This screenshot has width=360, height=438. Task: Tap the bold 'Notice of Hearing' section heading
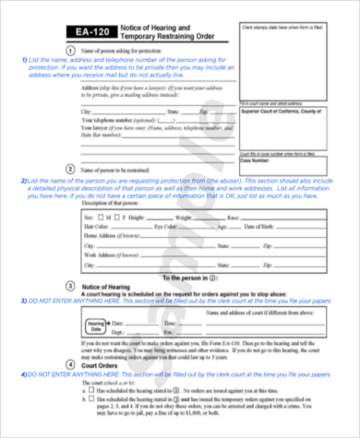(110, 287)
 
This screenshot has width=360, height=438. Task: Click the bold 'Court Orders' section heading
(102, 363)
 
